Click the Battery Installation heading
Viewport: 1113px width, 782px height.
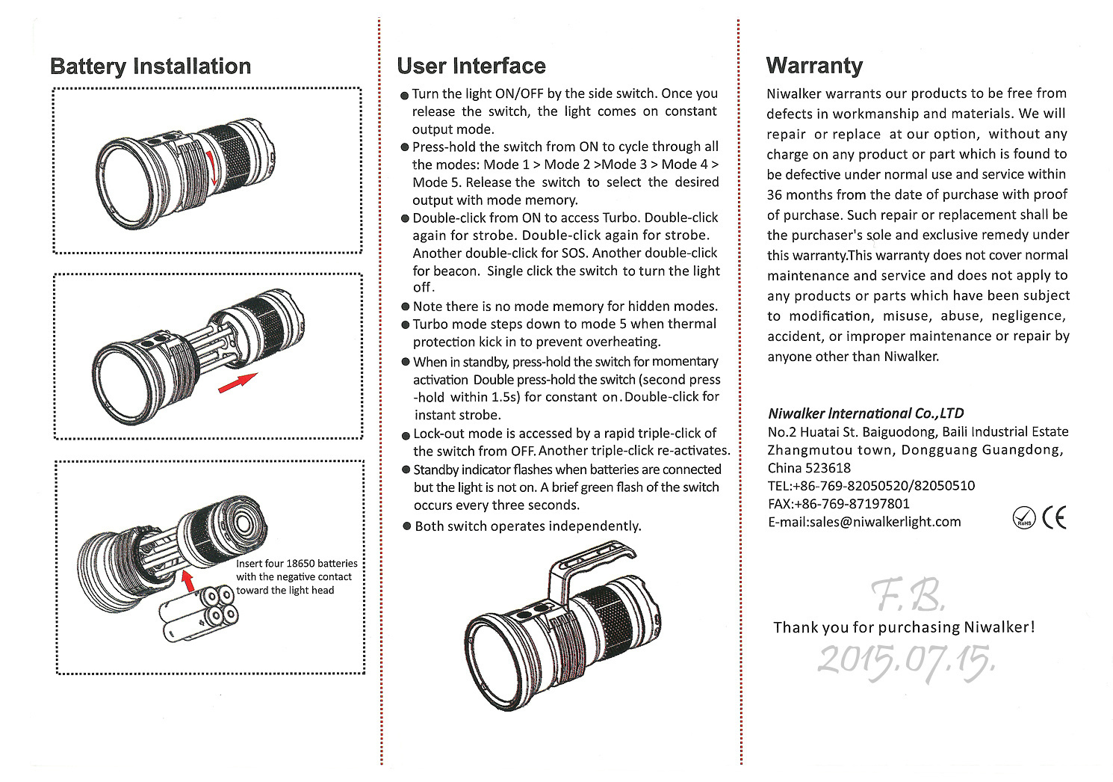(150, 67)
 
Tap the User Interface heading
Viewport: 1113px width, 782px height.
(471, 66)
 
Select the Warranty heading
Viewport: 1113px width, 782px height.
(814, 66)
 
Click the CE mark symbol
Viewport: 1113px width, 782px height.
(1055, 517)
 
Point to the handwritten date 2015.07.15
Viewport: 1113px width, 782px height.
(906, 660)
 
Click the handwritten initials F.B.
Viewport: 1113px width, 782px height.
(908, 596)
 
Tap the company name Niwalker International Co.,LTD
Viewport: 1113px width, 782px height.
(866, 413)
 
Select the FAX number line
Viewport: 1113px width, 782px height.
(839, 504)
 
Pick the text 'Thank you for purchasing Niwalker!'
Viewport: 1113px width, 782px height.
(904, 627)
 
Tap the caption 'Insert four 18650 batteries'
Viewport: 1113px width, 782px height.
(297, 564)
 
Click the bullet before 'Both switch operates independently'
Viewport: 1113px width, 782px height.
(407, 526)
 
